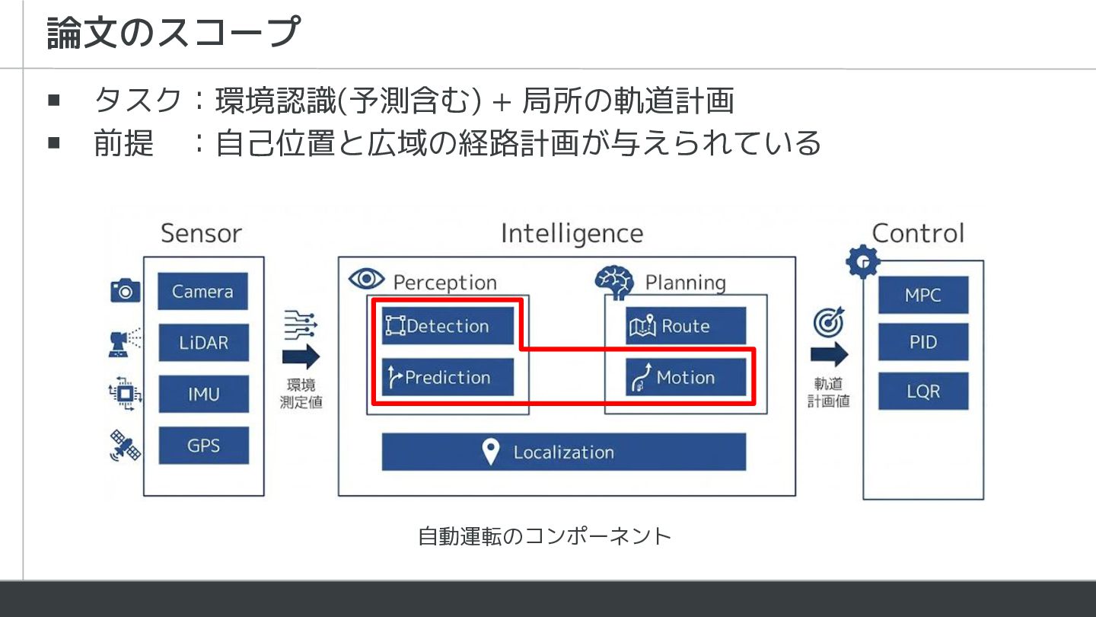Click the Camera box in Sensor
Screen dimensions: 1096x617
click(x=202, y=292)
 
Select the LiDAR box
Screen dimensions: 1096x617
click(x=203, y=343)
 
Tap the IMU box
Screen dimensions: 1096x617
click(x=203, y=394)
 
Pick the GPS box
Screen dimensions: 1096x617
click(x=203, y=445)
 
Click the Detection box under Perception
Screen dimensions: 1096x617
click(x=448, y=326)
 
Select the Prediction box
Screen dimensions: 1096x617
click(x=448, y=377)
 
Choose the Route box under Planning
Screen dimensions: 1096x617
click(x=685, y=326)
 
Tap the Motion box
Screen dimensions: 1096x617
click(x=685, y=377)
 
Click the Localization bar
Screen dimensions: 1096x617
click(x=563, y=452)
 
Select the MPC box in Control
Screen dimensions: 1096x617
click(x=922, y=295)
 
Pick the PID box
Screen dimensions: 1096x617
click(x=922, y=342)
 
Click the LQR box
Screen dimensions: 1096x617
click(x=922, y=392)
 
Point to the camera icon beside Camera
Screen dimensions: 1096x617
click(x=125, y=291)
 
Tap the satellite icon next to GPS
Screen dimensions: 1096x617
click(x=125, y=446)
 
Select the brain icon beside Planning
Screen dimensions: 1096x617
click(x=613, y=281)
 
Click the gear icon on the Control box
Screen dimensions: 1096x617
click(x=862, y=262)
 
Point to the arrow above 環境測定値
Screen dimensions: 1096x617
click(x=301, y=357)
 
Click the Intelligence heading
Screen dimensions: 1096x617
click(x=572, y=233)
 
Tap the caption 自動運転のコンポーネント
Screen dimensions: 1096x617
click(x=545, y=536)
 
